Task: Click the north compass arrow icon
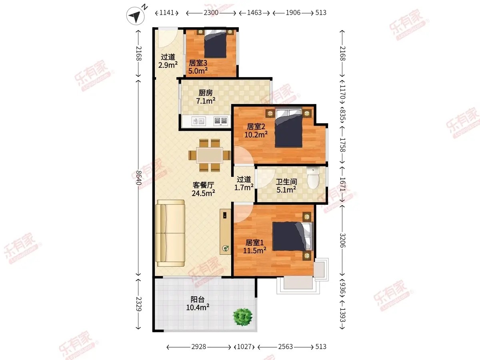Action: tap(135, 16)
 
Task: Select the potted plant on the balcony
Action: tap(243, 317)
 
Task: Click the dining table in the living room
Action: tap(210, 155)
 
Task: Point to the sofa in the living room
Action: tap(170, 233)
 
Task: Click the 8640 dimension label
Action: tap(139, 178)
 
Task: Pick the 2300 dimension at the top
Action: tap(211, 13)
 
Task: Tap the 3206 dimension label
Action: tap(342, 240)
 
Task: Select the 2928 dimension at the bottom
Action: tap(198, 347)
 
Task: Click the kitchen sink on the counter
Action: tap(198, 121)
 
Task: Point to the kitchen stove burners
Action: tap(221, 121)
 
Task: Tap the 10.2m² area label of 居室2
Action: tap(256, 134)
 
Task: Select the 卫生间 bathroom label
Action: tap(286, 182)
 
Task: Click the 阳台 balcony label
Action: tap(198, 299)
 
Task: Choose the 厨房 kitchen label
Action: tap(206, 93)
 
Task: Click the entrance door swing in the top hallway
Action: tap(168, 38)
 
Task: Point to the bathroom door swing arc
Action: tap(266, 178)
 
